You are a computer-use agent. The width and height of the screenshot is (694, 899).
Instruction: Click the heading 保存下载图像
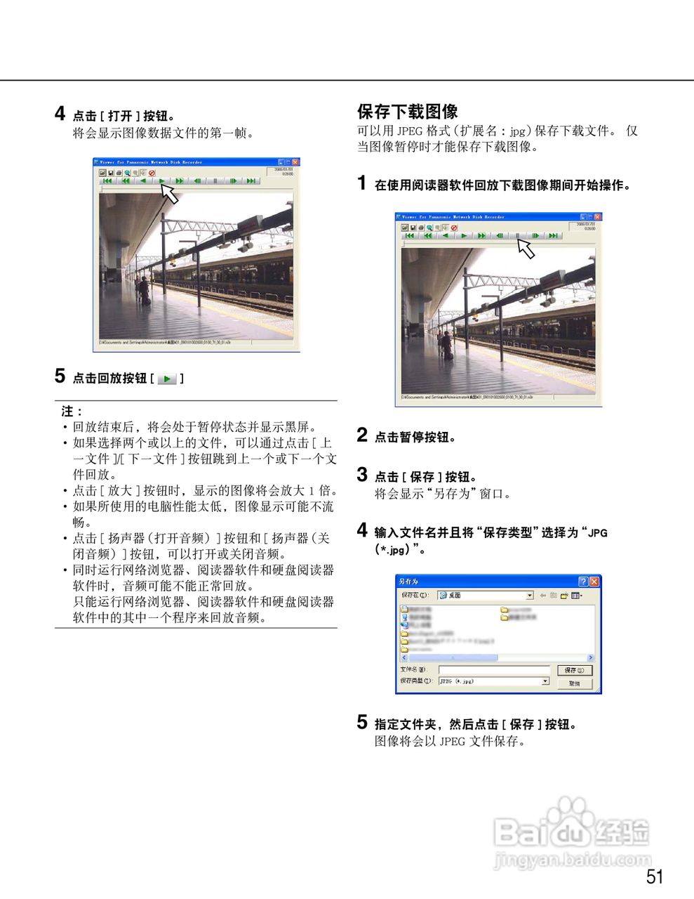(x=407, y=112)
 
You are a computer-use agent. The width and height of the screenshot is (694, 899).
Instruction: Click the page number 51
(x=654, y=876)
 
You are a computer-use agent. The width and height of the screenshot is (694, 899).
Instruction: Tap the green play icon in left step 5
(x=167, y=379)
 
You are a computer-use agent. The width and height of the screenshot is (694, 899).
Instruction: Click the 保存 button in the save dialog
(x=574, y=670)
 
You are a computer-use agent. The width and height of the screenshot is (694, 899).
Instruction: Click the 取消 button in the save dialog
(x=574, y=683)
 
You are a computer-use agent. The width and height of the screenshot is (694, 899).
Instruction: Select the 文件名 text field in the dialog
(x=494, y=670)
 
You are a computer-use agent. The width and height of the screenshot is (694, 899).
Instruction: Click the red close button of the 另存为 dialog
(x=594, y=582)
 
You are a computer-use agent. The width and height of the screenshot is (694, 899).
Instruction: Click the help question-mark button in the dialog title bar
(x=583, y=582)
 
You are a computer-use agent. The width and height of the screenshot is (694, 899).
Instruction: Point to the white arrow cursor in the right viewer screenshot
(x=526, y=248)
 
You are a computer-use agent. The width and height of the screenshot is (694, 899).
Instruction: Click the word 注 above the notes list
(x=67, y=412)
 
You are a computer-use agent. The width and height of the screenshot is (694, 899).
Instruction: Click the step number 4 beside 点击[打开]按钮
(x=60, y=114)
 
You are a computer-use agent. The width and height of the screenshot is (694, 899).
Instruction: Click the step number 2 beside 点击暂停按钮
(x=362, y=435)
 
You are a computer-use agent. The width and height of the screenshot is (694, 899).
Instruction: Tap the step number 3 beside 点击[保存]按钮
(x=362, y=475)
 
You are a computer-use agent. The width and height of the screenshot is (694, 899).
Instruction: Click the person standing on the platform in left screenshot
(x=144, y=289)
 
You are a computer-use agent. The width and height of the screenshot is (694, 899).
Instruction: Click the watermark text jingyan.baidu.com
(x=572, y=859)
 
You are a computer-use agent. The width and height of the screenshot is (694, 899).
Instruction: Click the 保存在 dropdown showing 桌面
(x=485, y=595)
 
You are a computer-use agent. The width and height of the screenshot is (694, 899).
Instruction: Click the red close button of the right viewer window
(x=598, y=217)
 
